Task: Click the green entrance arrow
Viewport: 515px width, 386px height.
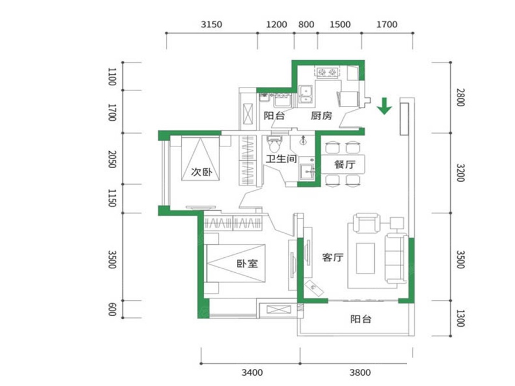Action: click(x=384, y=106)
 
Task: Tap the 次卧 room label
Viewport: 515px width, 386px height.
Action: click(x=201, y=172)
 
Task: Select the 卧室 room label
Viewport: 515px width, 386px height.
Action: click(x=247, y=264)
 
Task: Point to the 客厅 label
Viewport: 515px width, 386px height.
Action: click(x=332, y=257)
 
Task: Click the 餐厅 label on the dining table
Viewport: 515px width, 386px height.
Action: click(x=345, y=164)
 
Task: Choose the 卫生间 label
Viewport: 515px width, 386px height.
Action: click(x=282, y=159)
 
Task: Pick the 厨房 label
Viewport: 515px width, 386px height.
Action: click(x=322, y=116)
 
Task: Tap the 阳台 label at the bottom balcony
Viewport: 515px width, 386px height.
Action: click(x=360, y=319)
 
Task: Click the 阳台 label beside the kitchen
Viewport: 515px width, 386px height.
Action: click(x=274, y=116)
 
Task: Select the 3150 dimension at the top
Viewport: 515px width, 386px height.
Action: click(x=212, y=25)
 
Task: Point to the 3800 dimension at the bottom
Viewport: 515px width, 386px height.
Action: click(x=360, y=372)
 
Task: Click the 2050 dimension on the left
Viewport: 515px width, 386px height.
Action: click(x=112, y=159)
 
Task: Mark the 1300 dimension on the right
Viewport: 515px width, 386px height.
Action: click(x=461, y=318)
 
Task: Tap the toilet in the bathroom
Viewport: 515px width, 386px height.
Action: click(x=275, y=144)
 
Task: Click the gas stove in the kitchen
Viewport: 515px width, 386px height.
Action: click(x=327, y=72)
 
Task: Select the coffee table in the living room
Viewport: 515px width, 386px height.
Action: click(x=365, y=258)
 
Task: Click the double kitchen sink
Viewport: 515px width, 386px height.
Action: click(x=306, y=94)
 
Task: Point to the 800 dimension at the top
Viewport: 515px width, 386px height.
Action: click(x=306, y=25)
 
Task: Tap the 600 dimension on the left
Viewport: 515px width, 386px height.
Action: click(x=112, y=309)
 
